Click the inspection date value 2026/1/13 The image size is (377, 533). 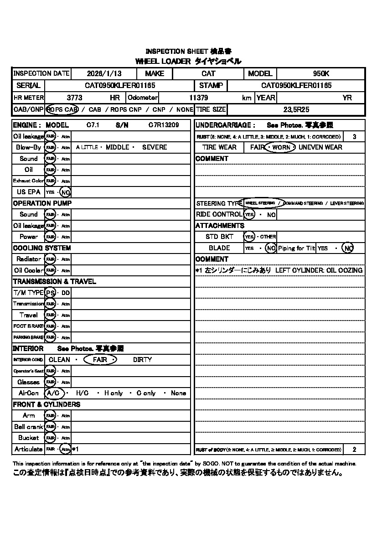[x=103, y=73]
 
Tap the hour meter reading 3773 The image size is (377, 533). [x=74, y=98]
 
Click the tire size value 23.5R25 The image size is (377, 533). [x=295, y=109]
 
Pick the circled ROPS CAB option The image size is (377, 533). [x=62, y=109]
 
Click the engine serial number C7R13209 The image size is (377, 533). [x=163, y=125]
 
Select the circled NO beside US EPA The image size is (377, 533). [x=65, y=192]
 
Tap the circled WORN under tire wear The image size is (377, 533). [x=281, y=147]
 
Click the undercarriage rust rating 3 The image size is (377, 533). [x=354, y=136]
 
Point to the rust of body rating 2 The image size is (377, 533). [x=354, y=450]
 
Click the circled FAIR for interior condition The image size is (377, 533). [x=100, y=359]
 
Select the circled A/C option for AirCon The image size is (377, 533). [x=54, y=393]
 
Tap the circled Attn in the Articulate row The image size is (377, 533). [x=66, y=449]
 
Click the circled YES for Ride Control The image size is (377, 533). [x=249, y=214]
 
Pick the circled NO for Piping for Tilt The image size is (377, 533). [x=348, y=248]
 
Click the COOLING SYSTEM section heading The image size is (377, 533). [x=42, y=248]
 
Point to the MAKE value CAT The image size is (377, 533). [x=208, y=73]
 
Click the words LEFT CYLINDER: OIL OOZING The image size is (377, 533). [x=319, y=270]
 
